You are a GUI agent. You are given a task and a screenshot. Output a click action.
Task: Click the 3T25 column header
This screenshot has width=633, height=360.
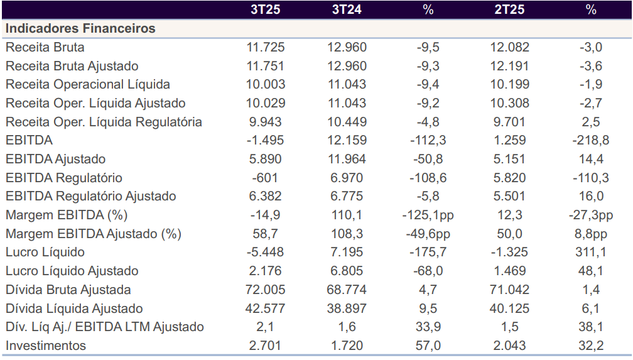(x=266, y=10)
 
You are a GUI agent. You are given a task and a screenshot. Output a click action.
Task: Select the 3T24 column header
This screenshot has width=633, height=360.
(x=347, y=10)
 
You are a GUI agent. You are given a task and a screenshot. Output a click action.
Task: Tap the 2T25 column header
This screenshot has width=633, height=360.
(x=509, y=10)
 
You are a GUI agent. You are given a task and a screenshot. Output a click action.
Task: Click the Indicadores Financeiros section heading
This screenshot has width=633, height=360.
(x=80, y=29)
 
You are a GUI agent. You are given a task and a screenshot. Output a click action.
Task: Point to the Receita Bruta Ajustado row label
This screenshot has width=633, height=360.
(x=72, y=66)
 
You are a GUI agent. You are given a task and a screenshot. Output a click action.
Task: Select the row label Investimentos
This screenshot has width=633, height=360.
(x=46, y=346)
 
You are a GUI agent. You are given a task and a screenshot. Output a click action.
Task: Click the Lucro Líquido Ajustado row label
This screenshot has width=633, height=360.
(x=72, y=271)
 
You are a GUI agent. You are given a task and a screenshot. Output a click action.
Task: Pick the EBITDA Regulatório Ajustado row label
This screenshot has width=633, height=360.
(x=91, y=196)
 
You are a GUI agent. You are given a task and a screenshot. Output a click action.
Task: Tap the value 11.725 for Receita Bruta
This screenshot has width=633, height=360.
(x=266, y=47)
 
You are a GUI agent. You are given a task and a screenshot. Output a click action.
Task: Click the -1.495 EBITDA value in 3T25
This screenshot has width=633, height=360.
(x=266, y=140)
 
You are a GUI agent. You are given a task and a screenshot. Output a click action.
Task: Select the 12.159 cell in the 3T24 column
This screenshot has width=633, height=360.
(x=347, y=140)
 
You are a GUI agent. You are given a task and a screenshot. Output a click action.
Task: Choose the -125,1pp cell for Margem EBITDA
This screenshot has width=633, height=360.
(x=428, y=215)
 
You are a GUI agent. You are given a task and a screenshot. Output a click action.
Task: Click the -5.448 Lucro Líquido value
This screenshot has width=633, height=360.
(x=266, y=252)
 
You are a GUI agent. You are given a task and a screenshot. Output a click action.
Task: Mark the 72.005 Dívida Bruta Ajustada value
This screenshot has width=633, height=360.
(x=266, y=290)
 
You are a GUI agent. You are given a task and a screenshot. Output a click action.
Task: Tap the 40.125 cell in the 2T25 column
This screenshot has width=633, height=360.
(x=509, y=308)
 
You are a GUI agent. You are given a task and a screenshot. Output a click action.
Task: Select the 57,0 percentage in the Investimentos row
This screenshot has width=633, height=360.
(x=428, y=346)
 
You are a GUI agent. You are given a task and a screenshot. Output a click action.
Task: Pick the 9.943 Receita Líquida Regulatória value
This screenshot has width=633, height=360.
(x=266, y=122)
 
